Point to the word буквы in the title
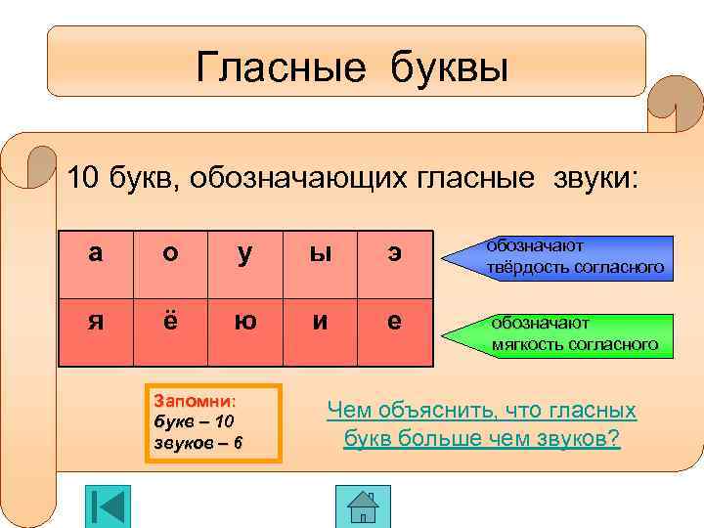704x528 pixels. tap(451, 67)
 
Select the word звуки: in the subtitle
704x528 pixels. tap(592, 179)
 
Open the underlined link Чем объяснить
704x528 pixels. tap(481, 424)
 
